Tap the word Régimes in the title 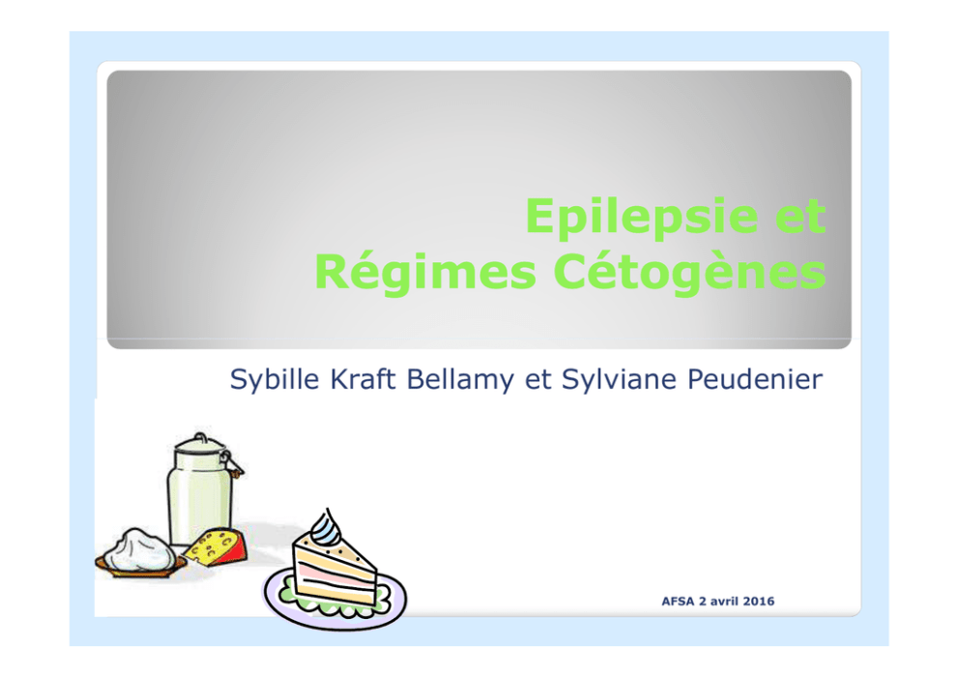(425, 273)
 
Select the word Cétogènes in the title (690, 273)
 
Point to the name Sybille (275, 379)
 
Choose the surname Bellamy (460, 380)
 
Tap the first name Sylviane (619, 380)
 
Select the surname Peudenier (755, 379)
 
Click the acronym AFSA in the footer (678, 602)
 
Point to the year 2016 (758, 602)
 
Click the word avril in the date (724, 602)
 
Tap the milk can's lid (200, 443)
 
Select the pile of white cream (138, 549)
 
